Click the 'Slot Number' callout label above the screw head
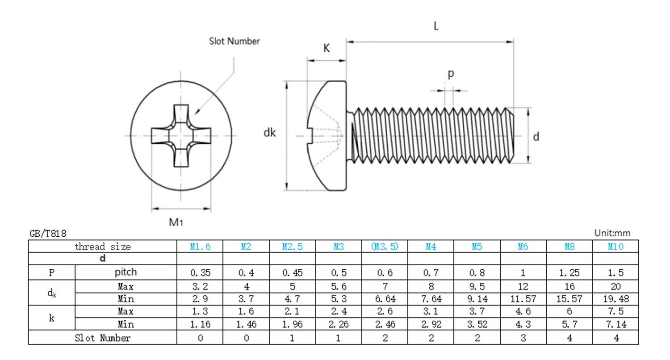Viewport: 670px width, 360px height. (x=234, y=41)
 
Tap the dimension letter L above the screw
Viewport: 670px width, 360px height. (x=436, y=26)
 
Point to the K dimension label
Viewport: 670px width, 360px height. (x=327, y=48)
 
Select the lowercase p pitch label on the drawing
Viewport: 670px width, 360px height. (x=451, y=74)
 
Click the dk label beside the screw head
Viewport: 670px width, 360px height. (x=269, y=133)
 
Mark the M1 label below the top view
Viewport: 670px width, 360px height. (x=176, y=222)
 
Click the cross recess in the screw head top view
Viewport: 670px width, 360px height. (x=181, y=136)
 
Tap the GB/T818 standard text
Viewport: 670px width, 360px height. (x=48, y=234)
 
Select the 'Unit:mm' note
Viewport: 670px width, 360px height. (x=612, y=233)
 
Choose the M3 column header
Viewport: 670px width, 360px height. (x=339, y=247)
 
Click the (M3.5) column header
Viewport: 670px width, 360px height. (x=385, y=247)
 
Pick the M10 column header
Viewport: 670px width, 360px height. (x=616, y=247)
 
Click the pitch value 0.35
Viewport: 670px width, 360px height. (x=200, y=273)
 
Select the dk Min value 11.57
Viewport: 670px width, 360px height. (x=523, y=299)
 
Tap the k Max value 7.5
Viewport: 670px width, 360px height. (x=616, y=311)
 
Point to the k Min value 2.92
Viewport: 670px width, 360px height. (x=431, y=324)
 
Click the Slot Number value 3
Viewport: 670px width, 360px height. (x=523, y=338)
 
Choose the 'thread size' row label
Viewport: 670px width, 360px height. (x=103, y=247)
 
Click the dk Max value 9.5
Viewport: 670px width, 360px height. (x=477, y=286)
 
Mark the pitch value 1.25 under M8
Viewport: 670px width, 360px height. (x=569, y=273)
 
